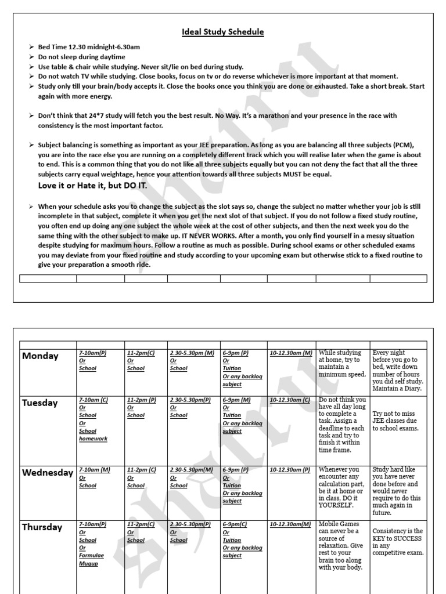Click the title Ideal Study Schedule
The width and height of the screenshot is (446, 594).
click(223, 32)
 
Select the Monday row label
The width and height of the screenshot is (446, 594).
click(40, 356)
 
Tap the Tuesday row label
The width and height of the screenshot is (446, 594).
click(40, 403)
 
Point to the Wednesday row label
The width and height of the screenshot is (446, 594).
click(48, 473)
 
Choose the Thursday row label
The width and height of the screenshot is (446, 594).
click(42, 527)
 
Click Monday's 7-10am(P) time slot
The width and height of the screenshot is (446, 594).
click(93, 353)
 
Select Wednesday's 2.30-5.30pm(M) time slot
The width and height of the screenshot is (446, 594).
click(190, 470)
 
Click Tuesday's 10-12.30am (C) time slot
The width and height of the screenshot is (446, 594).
click(290, 400)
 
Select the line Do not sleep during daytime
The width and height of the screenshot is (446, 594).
click(81, 57)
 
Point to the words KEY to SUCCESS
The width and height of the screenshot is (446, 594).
click(397, 538)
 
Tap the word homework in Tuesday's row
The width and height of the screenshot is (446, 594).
click(93, 439)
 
